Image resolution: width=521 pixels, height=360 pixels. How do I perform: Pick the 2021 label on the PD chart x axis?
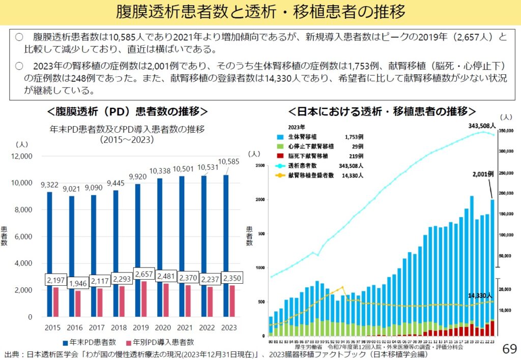pyautogui.click(x=185, y=327)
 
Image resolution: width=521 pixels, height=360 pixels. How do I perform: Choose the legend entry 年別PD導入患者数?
pyautogui.click(x=159, y=343)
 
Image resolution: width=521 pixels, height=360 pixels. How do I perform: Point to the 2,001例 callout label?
pyautogui.click(x=483, y=174)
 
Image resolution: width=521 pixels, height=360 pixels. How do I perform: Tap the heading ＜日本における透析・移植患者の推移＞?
pyautogui.click(x=382, y=111)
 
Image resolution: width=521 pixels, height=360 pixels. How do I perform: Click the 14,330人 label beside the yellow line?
pyautogui.click(x=479, y=295)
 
